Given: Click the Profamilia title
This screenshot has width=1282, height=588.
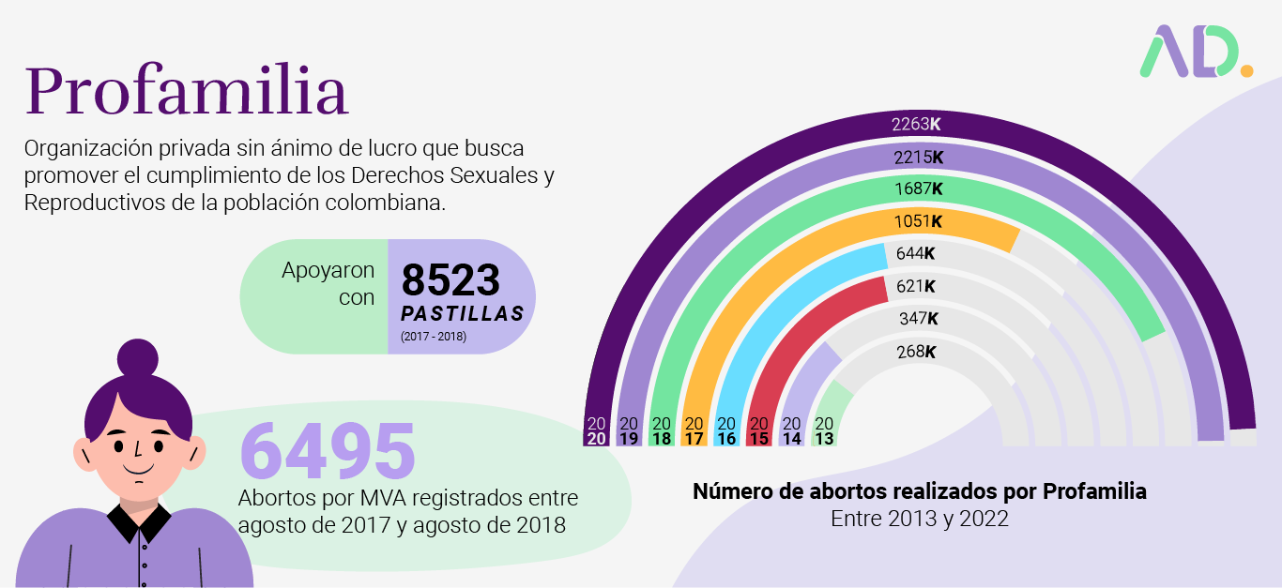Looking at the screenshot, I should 186,92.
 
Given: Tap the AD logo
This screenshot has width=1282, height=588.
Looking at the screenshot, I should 1195,52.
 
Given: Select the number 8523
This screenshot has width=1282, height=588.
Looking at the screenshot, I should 451,280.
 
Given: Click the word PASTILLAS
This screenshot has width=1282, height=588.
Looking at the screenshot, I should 463,313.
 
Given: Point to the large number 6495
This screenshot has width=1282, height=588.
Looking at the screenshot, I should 328,451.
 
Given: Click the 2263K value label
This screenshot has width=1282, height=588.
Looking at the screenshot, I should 916,124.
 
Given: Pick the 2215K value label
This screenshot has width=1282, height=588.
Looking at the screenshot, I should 918,157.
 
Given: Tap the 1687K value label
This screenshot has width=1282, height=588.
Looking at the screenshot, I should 918,189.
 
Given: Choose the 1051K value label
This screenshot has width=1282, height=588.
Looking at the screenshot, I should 918,221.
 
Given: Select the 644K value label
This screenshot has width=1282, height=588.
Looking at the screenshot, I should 916,253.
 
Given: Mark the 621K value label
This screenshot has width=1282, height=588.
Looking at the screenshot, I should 916,286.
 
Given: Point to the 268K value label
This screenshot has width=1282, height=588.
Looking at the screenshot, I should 916,352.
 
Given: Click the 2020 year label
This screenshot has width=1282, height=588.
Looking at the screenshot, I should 596,430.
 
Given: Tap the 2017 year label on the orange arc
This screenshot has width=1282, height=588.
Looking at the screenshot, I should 694,430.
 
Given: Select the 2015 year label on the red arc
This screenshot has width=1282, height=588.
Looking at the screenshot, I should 759,430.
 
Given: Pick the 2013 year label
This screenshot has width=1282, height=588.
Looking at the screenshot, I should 824,430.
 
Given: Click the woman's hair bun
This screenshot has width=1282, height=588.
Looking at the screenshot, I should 138,357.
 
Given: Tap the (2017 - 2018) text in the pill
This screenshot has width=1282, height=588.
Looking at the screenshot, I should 433,336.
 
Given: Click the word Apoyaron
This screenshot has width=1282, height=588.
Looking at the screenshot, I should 328,270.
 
